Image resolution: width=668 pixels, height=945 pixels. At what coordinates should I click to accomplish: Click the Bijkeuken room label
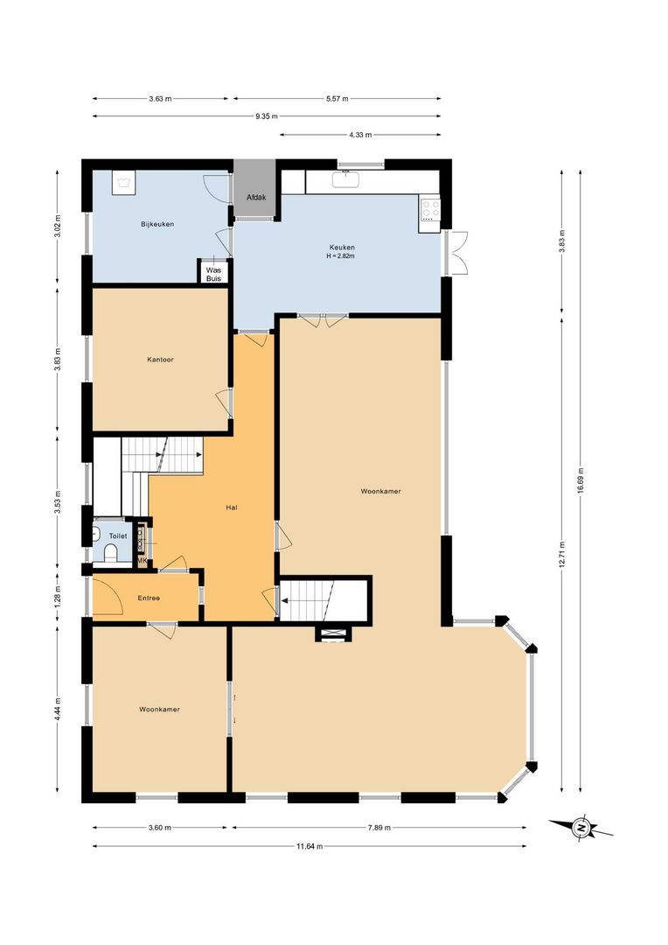tap(157, 224)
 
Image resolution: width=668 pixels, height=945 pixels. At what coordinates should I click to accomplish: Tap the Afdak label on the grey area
tap(255, 198)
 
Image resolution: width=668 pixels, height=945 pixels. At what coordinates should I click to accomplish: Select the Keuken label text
tap(342, 247)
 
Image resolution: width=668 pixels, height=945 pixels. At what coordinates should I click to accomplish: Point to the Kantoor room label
tap(161, 359)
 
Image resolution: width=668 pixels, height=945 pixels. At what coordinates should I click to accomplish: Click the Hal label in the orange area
tap(232, 507)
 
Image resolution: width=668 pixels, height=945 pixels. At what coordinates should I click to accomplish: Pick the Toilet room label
tap(118, 535)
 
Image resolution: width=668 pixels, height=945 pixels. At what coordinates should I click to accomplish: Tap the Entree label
tap(149, 598)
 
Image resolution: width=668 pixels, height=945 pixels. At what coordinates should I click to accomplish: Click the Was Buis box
tap(213, 272)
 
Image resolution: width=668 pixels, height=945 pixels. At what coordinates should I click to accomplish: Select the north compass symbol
tap(581, 827)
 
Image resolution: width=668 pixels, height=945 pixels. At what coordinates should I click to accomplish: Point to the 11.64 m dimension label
tap(309, 846)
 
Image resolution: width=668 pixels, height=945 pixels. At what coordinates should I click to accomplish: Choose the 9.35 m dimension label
tap(267, 115)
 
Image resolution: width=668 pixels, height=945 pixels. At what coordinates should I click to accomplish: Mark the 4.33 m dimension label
tap(360, 135)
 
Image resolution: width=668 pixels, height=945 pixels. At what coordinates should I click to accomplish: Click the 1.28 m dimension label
tap(58, 595)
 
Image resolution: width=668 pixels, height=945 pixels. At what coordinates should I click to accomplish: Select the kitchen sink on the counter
tap(348, 180)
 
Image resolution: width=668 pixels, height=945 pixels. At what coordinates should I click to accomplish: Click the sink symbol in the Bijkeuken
tap(123, 182)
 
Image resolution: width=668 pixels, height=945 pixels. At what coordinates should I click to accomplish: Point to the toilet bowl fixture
tap(110, 552)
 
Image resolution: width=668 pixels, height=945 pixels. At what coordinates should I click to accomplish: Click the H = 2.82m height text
tap(342, 256)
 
